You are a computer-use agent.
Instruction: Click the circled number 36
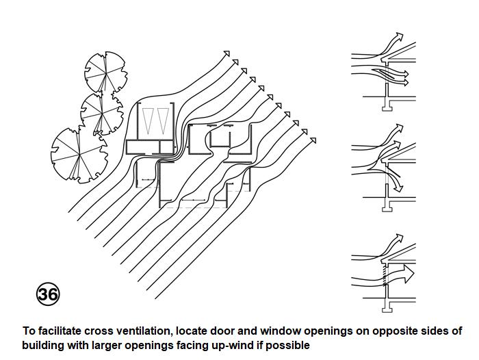[x=47, y=294]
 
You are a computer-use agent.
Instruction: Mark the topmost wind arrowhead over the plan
[x=228, y=52]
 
